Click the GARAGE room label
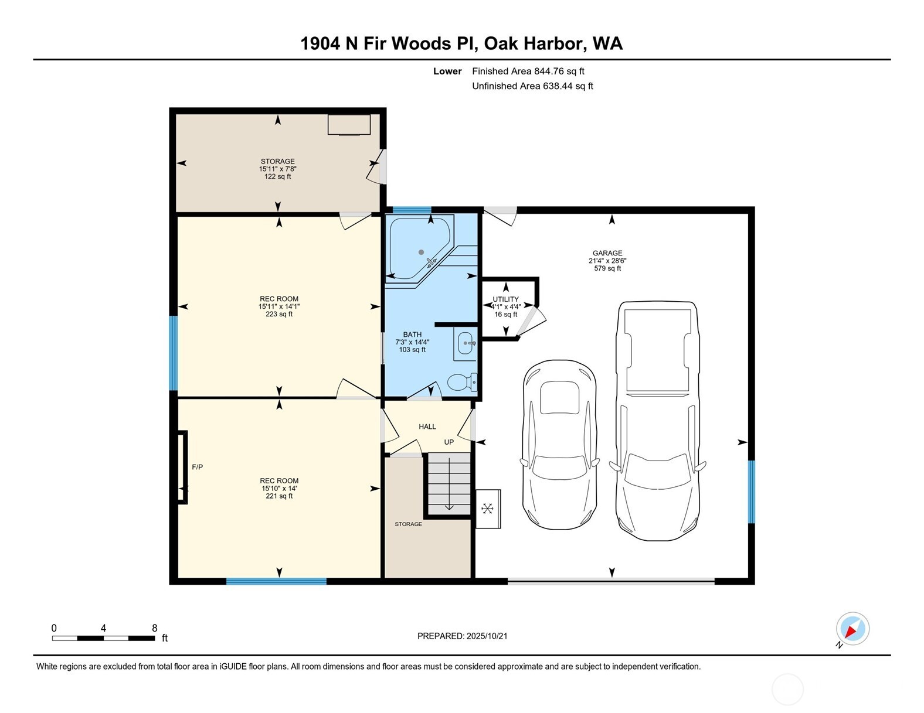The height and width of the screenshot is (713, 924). [x=607, y=253]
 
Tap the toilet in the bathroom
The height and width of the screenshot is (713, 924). [x=462, y=383]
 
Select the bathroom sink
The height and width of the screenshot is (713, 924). [x=466, y=343]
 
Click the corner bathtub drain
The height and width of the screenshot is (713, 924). [x=421, y=252]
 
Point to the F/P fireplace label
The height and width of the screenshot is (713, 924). [x=198, y=467]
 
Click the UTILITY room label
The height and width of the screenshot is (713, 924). [x=505, y=299]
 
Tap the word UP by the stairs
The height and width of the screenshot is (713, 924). [x=449, y=442]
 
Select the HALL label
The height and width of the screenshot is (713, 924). [x=427, y=427]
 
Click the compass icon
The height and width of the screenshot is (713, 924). [x=852, y=629]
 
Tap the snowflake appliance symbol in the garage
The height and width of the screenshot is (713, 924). [x=487, y=509]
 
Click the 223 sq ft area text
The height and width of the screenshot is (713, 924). [x=279, y=314]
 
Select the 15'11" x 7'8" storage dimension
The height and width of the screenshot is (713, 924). [x=278, y=169]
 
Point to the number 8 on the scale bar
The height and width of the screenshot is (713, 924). [x=154, y=628]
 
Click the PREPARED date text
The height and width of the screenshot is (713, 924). [x=462, y=636]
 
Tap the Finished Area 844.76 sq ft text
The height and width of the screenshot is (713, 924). [x=528, y=71]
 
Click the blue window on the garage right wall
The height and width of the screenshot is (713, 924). [x=751, y=491]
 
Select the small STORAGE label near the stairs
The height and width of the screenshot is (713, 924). [x=408, y=524]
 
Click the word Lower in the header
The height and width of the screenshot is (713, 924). [x=447, y=71]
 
